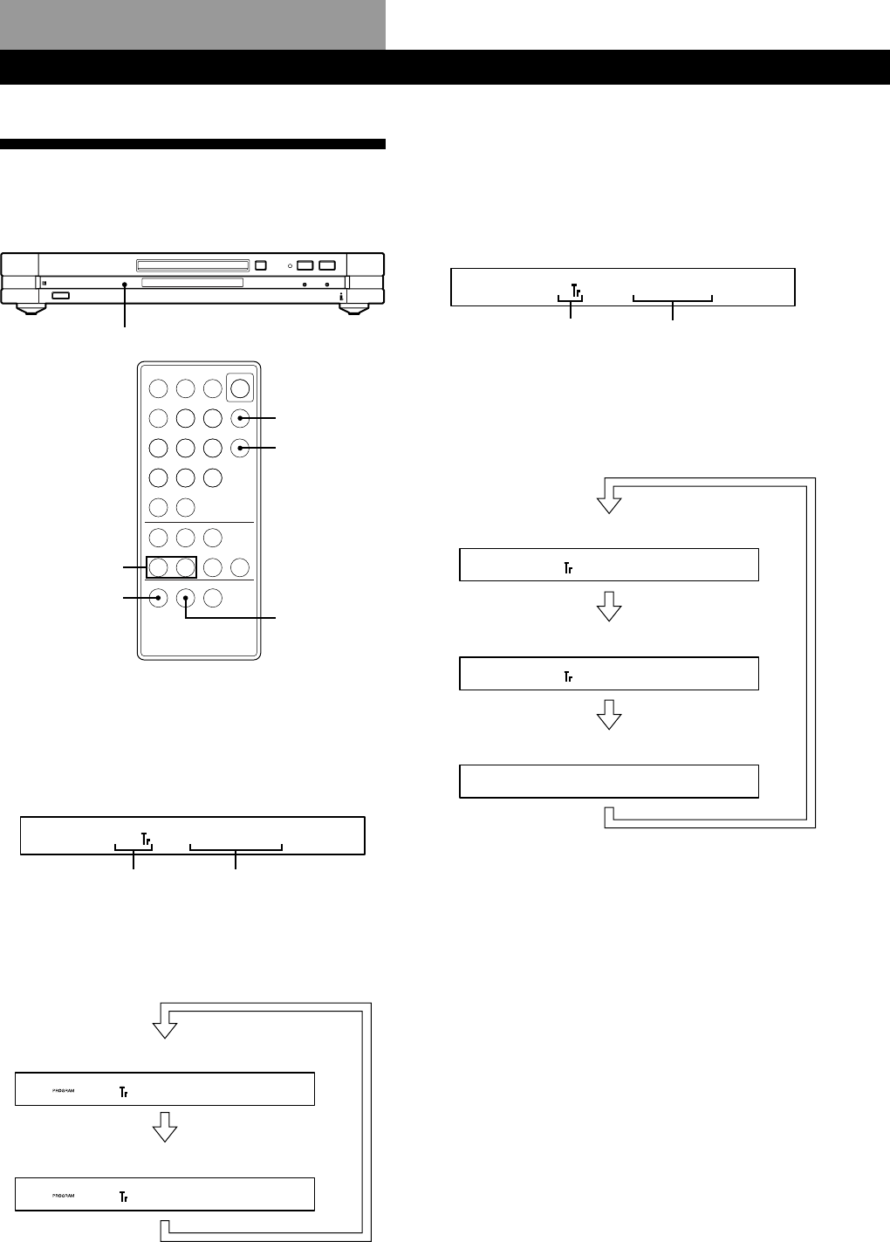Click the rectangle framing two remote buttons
171,567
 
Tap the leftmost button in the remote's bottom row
158,598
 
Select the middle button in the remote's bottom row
186,598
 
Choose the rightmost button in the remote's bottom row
213,598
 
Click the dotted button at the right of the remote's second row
240,419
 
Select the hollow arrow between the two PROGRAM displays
165,1130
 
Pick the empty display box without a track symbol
608,780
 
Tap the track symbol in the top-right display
575,289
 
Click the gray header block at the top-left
193,24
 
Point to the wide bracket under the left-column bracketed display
236,847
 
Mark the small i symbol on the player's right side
341,298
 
